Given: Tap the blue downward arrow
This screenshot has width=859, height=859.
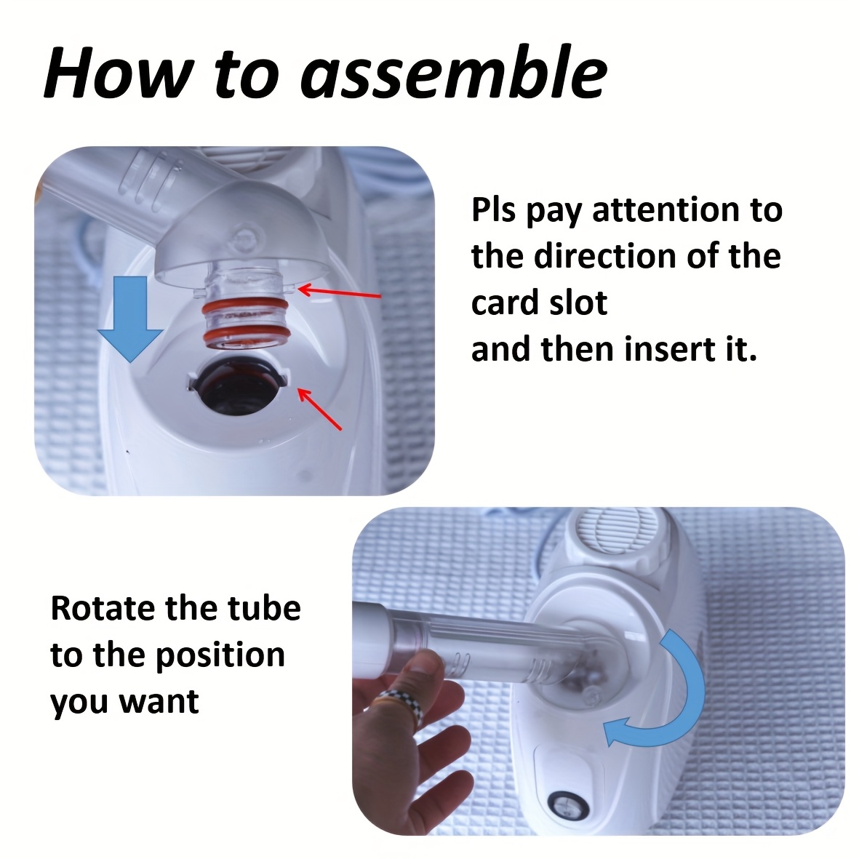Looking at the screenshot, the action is coord(130,319).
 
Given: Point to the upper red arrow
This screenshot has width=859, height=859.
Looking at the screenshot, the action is coord(339,292).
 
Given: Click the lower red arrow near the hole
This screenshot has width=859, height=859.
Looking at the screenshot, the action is coord(319,408).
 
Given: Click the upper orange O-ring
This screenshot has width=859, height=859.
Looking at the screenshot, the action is coord(244,308).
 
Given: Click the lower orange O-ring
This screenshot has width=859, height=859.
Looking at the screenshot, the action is coord(244,334).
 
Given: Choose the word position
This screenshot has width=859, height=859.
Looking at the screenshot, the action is coord(220,656).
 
